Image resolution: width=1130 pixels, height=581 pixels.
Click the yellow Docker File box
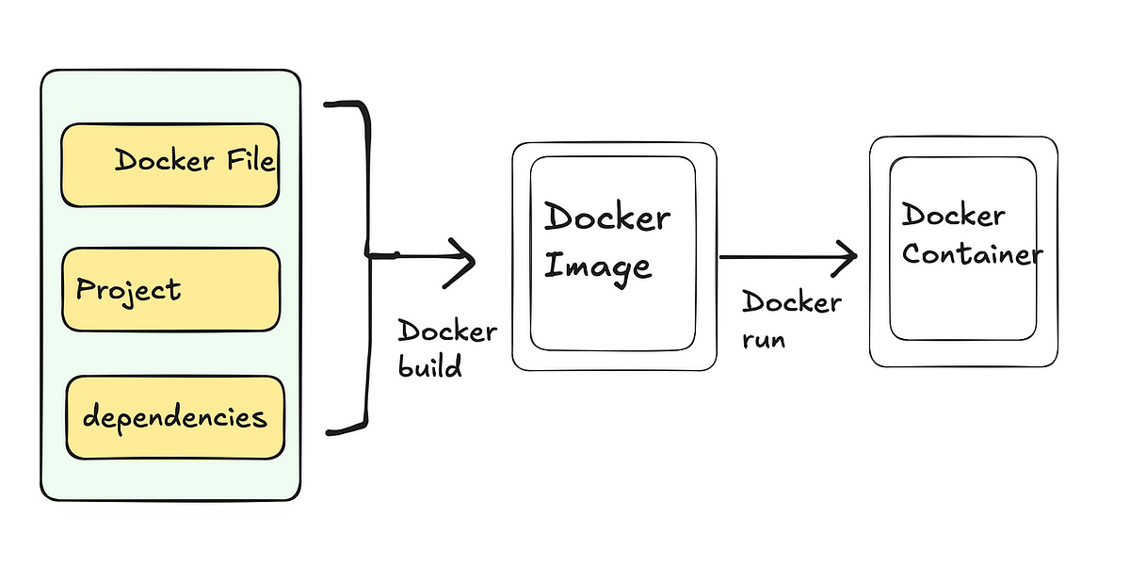[169, 165]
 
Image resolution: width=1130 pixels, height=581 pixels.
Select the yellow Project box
[170, 289]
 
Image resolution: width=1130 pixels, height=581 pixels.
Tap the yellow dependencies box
[174, 417]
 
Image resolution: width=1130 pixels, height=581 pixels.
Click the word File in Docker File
[250, 160]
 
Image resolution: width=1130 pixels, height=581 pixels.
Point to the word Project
[128, 289]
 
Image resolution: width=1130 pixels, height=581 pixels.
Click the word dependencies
[174, 417]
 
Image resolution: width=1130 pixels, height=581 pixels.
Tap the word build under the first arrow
[429, 365]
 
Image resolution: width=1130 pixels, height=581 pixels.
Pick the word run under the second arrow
[764, 338]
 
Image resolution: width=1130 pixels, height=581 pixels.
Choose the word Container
[972, 254]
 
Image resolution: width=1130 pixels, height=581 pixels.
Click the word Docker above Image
[607, 218]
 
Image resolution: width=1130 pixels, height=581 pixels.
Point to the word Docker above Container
[953, 216]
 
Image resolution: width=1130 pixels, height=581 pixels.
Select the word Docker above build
[447, 331]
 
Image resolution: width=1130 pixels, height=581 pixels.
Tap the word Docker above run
[791, 302]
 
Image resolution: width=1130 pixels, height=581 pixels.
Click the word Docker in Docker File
[164, 161]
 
